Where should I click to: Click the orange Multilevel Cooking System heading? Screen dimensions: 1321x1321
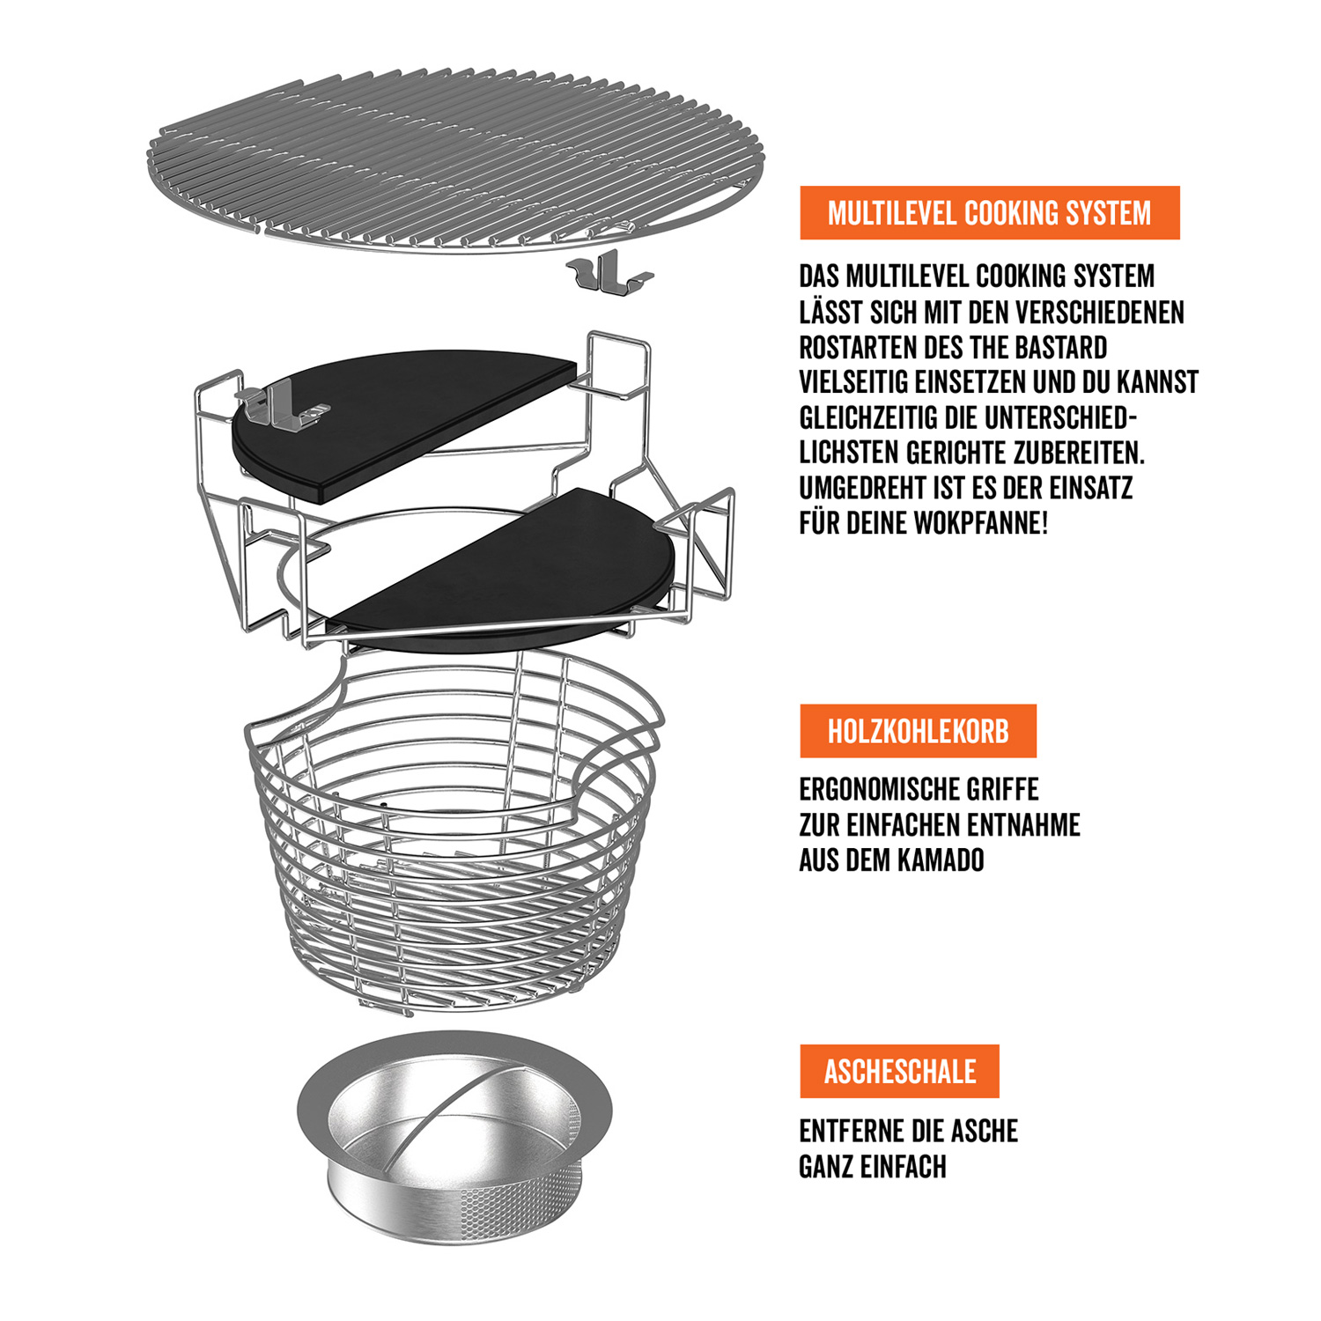coord(989,212)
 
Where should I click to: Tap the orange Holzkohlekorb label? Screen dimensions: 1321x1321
coord(918,731)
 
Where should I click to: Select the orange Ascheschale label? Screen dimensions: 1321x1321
coord(899,1071)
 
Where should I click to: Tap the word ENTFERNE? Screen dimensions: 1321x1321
coord(850,1131)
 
